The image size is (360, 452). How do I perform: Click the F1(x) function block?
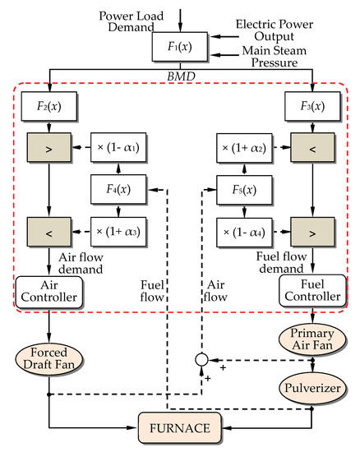(179, 47)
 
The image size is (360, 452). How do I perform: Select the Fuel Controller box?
(312, 289)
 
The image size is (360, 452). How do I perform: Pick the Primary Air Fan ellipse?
(312, 338)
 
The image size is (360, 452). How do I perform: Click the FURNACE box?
(180, 427)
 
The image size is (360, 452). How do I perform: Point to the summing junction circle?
(200, 361)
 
